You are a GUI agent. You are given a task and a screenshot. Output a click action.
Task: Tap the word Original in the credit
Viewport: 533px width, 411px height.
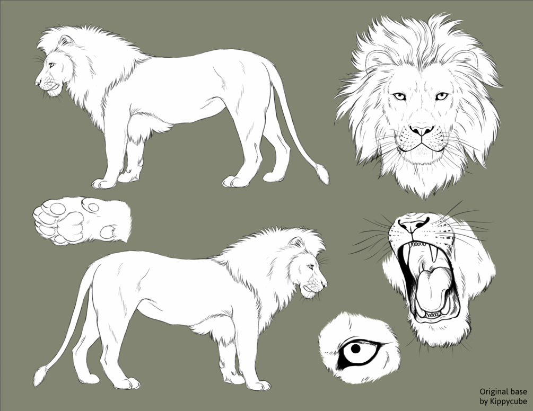pos(493,392)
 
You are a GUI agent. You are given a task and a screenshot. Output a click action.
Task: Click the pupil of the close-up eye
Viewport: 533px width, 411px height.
pos(355,350)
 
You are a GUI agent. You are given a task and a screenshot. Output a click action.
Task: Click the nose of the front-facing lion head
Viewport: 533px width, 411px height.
pos(422,130)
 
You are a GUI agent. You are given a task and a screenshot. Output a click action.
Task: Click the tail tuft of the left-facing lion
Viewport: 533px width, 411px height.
pos(322,173)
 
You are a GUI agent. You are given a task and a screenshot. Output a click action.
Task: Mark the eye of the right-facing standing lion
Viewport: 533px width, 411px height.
pos(310,267)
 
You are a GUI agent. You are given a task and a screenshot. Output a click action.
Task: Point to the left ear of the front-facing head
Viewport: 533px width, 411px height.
pos(375,58)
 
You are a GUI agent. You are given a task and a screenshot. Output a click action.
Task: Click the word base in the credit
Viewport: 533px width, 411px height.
pos(519,392)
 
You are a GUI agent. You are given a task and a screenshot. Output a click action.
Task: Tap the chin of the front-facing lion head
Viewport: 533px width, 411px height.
pos(422,159)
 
